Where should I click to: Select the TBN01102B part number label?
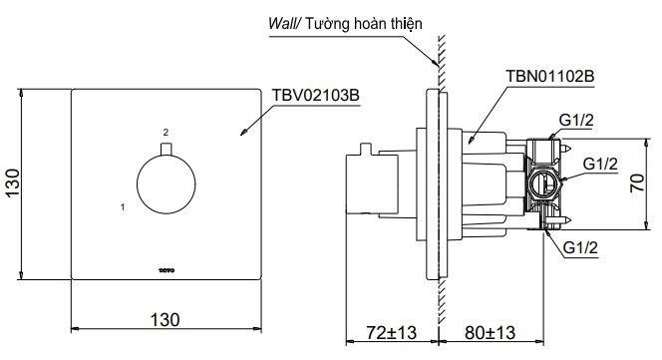(545, 76)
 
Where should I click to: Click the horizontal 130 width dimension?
(165, 319)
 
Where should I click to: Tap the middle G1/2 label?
(601, 163)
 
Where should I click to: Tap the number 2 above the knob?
(166, 132)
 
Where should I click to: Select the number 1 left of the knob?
(122, 207)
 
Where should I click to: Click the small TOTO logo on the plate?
(166, 267)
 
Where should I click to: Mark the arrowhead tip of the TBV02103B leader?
(242, 134)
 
